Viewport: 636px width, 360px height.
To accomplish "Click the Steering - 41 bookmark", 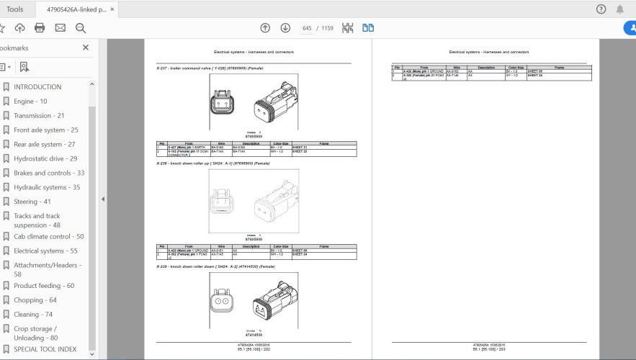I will click(32, 202).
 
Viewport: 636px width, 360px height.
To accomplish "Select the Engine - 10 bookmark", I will click(30, 102).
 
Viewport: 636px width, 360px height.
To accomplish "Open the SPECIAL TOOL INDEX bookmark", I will click(45, 349).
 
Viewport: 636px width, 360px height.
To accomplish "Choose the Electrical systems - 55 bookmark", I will click(45, 251).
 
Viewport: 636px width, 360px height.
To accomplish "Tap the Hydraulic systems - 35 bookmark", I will click(47, 187).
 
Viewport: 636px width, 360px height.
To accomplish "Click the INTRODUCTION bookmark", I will click(37, 87).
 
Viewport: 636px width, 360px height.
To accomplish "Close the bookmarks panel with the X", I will click(86, 48).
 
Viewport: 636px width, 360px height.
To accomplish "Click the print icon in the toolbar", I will click(40, 28).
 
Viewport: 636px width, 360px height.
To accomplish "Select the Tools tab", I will click(14, 9).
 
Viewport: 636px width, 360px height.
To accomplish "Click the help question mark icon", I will click(601, 9).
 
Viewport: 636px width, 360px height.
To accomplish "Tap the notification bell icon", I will click(620, 9).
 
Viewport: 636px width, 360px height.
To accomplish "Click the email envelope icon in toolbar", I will click(60, 28).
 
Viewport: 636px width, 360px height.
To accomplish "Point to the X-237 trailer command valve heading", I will click(210, 68).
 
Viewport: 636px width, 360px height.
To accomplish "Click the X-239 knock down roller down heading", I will click(215, 266).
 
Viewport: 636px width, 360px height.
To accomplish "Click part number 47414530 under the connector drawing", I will click(254, 335).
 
